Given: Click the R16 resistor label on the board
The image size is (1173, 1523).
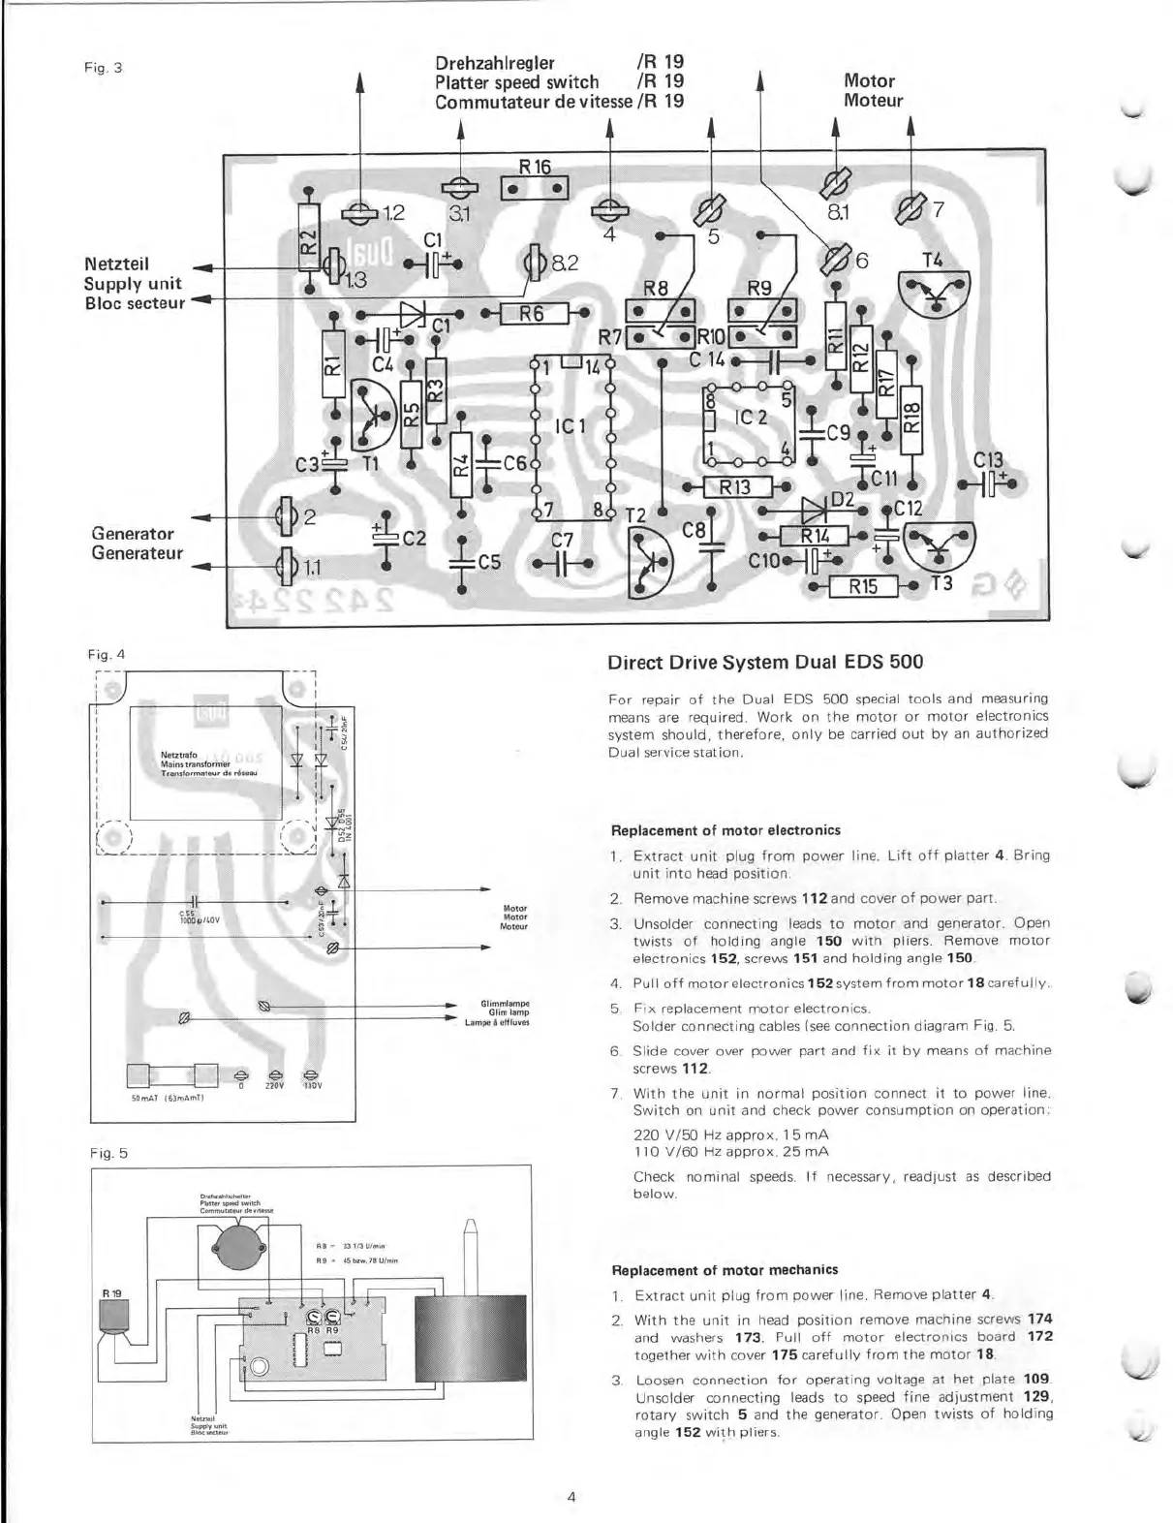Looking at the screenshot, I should click(535, 167).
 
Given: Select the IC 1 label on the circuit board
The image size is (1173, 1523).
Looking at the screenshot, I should click(571, 426).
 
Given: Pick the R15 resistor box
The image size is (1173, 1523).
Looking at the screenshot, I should click(863, 586).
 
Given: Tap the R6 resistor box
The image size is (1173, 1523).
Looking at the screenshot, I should click(531, 313).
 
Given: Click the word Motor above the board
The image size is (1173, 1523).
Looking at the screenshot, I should click(869, 81).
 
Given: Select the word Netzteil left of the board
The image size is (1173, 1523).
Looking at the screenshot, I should click(116, 263).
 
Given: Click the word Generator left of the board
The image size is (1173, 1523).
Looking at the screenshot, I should click(132, 533).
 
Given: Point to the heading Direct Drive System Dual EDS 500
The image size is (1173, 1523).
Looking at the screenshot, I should click(764, 663).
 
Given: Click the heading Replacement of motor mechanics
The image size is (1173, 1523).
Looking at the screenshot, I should click(725, 1269).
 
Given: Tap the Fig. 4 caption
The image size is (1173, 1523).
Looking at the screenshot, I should click(107, 654).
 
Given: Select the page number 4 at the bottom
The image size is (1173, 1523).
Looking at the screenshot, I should click(571, 1497).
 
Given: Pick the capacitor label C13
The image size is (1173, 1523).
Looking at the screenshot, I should click(988, 461).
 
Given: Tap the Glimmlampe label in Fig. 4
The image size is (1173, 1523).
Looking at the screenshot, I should click(496, 1004).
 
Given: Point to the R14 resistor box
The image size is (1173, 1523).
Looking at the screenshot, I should click(814, 538).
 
